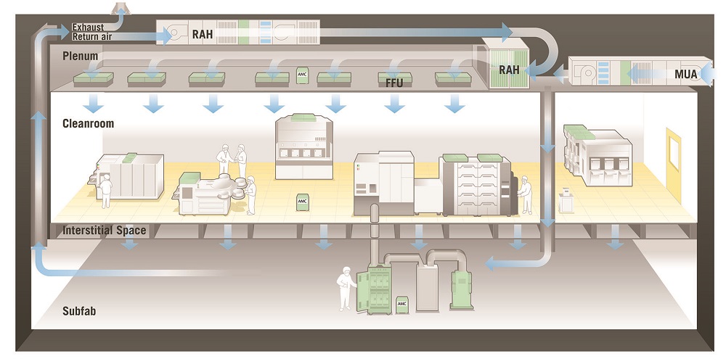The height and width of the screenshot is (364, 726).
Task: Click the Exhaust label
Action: coord(88,28)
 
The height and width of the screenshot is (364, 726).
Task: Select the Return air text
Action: coord(92,36)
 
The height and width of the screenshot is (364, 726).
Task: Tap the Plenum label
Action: coord(81,56)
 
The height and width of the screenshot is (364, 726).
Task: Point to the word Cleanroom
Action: coord(88,123)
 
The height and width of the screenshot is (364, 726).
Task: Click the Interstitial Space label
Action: coord(104,231)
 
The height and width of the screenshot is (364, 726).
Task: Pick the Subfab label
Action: coord(79,311)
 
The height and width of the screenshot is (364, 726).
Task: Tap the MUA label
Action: coord(686,74)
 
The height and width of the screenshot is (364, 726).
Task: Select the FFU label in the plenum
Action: coord(394,83)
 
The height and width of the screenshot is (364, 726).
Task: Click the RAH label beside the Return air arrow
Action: coord(203,34)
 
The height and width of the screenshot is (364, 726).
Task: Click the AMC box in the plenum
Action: coord(302,75)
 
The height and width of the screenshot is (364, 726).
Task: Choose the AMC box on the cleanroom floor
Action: coord(302,202)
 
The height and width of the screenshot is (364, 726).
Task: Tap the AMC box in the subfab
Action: coord(402,305)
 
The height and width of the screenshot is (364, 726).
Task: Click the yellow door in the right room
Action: coord(674,165)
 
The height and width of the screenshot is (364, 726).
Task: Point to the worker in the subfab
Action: coord(346,289)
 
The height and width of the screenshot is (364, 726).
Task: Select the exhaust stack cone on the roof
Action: coord(121,8)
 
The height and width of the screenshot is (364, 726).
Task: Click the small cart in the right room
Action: coord(566,201)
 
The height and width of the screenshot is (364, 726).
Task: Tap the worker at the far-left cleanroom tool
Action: coord(106,191)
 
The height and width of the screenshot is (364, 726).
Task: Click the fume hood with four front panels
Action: coord(303,146)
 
